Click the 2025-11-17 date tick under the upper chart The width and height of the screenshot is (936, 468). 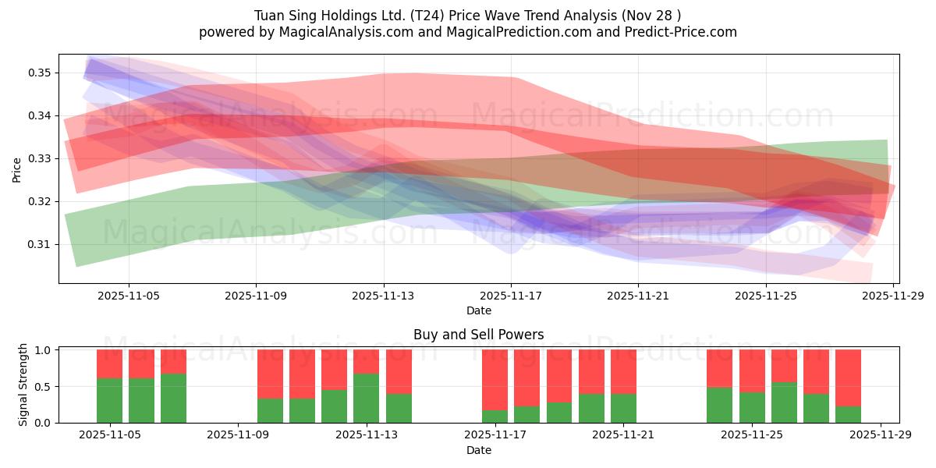coord(511,296)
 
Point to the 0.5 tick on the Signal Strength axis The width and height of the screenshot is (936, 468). coord(43,386)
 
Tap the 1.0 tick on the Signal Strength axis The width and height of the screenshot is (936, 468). coord(43,350)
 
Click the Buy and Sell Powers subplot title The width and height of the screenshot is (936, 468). coord(478,335)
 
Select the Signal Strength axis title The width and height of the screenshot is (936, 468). coord(23,385)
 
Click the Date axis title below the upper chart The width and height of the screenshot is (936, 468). coord(478,310)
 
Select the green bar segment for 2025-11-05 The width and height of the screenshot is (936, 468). coord(109,400)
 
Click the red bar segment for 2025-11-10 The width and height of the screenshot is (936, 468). coord(302,374)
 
